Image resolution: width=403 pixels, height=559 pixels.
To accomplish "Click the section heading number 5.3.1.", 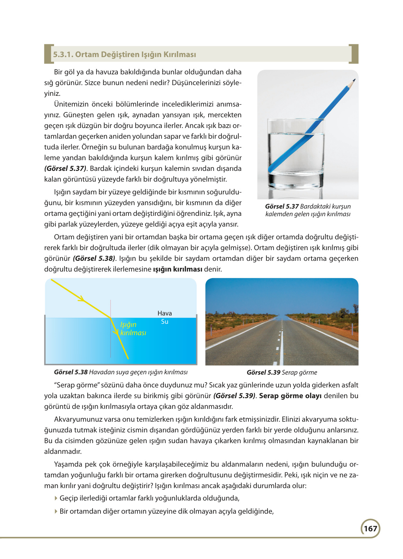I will (x=63, y=55).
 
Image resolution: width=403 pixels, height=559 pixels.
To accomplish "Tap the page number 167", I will (x=370, y=529).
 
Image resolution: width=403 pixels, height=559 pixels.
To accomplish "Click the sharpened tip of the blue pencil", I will (x=354, y=80).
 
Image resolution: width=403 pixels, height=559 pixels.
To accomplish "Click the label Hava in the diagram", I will (x=165, y=313).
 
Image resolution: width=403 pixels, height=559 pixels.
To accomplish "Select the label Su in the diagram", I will (x=165, y=322).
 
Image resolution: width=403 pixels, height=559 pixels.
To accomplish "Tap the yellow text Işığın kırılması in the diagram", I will (x=133, y=329).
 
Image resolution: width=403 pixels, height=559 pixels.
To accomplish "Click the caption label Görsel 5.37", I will (x=282, y=207).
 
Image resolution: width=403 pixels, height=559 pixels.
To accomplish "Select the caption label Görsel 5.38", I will (x=71, y=372).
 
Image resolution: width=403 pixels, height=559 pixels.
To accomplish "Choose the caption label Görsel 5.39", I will (x=263, y=373).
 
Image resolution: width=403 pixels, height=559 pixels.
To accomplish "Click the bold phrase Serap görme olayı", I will (x=290, y=396).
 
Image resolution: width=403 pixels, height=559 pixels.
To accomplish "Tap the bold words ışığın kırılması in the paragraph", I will (x=177, y=269).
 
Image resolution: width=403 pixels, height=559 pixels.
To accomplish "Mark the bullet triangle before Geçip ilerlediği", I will (x=56, y=498).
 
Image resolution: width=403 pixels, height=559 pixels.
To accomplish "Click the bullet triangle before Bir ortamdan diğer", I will (x=56, y=511).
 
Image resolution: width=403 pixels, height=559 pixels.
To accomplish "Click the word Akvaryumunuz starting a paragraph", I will (x=76, y=419).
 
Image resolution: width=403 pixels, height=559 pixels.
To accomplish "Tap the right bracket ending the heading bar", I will (x=354, y=54).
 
